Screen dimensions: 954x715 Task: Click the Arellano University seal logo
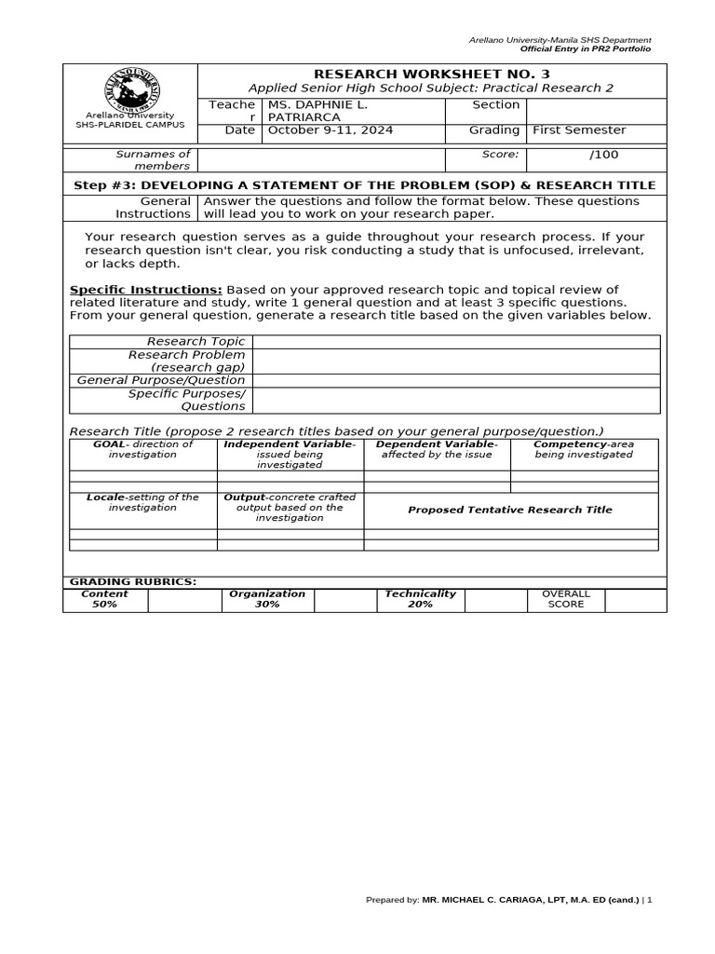(x=130, y=91)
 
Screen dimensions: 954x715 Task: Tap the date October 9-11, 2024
(x=331, y=130)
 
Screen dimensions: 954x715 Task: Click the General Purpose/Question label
(x=161, y=380)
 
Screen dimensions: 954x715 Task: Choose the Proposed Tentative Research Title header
(x=510, y=510)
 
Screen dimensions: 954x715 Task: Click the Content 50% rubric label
(x=104, y=598)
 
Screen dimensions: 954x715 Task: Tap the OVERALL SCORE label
(x=566, y=598)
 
